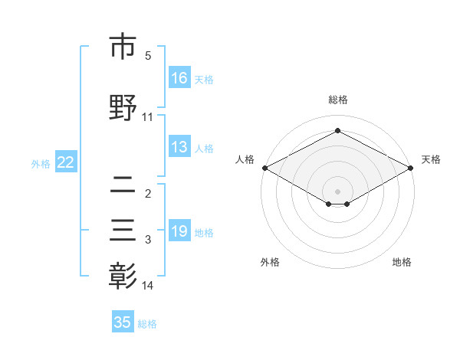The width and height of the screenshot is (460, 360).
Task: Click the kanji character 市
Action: tap(123, 47)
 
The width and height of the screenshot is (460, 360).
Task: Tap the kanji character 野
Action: tap(123, 107)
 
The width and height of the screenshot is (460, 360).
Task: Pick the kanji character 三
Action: tap(123, 231)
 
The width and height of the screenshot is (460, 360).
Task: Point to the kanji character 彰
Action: tap(123, 276)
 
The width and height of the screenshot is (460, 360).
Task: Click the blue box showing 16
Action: tap(179, 78)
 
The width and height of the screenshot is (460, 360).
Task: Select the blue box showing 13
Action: tap(179, 147)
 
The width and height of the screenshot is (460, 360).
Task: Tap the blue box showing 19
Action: tap(179, 231)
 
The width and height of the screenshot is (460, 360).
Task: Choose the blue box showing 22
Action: tap(66, 162)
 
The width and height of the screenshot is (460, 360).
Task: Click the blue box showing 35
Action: tap(123, 322)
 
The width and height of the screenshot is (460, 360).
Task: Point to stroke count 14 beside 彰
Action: tap(148, 286)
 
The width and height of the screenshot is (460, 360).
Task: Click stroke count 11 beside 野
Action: tap(148, 117)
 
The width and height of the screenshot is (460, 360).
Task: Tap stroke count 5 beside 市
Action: tap(148, 56)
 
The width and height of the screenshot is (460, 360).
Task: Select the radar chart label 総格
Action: tap(338, 100)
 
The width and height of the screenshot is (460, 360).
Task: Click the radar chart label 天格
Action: tap(431, 159)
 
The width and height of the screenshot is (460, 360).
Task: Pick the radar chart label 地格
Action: tap(402, 262)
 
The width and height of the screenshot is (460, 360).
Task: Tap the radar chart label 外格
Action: tap(271, 262)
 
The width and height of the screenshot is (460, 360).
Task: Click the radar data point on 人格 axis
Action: tap(264, 167)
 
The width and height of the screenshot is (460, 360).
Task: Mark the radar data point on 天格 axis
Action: tap(411, 167)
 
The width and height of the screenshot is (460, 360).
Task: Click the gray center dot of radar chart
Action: tap(338, 191)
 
